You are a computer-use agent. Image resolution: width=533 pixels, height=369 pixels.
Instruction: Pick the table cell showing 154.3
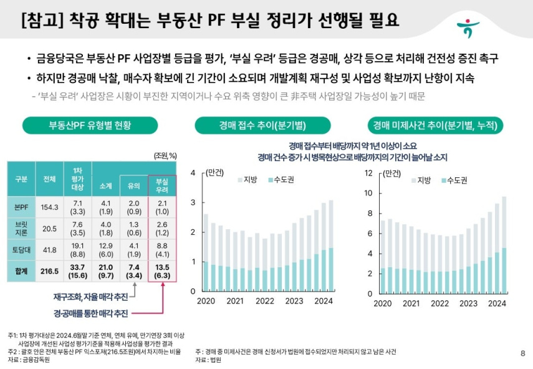tap(49, 207)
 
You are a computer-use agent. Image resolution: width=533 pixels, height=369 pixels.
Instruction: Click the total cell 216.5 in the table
tap(49, 272)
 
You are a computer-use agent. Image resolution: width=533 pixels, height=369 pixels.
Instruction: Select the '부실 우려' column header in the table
tap(162, 185)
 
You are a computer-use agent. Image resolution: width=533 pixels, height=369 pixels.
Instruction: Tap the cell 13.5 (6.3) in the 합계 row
tap(162, 272)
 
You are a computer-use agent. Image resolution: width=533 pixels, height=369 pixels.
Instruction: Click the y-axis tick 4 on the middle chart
tap(194, 173)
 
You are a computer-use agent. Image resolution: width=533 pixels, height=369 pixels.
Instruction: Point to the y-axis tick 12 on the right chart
tap(368, 173)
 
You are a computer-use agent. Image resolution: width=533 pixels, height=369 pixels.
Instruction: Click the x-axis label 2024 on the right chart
tap(496, 303)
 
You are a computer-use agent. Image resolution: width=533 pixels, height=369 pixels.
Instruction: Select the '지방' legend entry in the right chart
tap(420, 180)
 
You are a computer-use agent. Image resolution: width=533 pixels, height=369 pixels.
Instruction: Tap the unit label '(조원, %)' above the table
tap(165, 155)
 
